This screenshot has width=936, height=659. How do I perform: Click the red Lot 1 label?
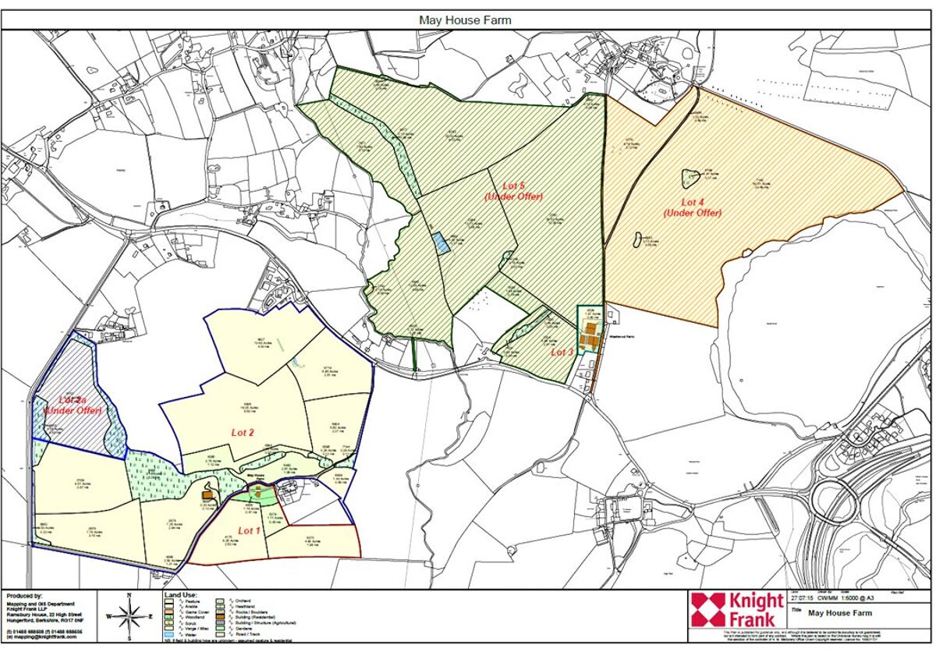click(248, 530)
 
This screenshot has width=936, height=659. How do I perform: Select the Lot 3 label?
click(562, 353)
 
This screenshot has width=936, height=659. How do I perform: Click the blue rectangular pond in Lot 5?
click(441, 243)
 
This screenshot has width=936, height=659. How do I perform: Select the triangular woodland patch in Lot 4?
click(690, 179)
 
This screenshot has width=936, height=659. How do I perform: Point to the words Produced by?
click(23, 596)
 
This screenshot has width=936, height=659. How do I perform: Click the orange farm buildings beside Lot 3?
click(590, 340)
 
